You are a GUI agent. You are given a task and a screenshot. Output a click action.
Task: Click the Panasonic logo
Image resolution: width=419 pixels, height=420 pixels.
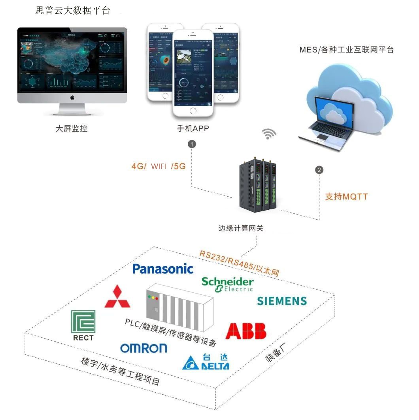point(163,269)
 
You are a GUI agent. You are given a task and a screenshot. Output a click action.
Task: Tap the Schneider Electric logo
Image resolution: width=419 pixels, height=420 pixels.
point(227,284)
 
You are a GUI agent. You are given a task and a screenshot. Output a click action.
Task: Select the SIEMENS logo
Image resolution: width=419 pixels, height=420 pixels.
point(282,301)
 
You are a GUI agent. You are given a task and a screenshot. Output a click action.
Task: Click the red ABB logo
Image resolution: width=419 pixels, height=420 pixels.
point(245,331)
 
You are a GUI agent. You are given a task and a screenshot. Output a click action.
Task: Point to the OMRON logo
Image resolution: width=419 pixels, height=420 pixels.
point(143,348)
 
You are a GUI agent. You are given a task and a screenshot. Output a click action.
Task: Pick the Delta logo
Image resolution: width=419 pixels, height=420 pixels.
point(206,362)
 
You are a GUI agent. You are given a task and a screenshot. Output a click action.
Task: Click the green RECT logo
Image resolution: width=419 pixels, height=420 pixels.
point(83,325)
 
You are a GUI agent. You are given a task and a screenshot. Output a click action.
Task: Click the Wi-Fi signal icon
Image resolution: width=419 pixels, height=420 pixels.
point(270,134)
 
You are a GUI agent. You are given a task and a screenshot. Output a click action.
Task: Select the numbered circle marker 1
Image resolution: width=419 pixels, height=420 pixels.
point(192,144)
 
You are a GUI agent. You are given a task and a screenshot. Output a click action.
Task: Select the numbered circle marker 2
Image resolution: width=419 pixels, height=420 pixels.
point(319,170)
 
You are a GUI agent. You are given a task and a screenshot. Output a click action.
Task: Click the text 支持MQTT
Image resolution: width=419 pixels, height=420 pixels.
point(346,196)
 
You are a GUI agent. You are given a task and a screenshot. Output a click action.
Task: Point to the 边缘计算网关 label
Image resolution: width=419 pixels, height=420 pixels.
point(240,228)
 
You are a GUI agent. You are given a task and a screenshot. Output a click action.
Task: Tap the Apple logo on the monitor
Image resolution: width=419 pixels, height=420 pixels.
point(72,97)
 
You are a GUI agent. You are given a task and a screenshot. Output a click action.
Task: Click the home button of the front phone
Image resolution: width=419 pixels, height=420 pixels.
point(193,111)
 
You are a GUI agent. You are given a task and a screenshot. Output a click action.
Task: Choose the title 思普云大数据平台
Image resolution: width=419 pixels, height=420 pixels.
point(73,11)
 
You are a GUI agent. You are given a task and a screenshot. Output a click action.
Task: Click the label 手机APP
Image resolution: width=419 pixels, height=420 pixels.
point(193,128)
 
